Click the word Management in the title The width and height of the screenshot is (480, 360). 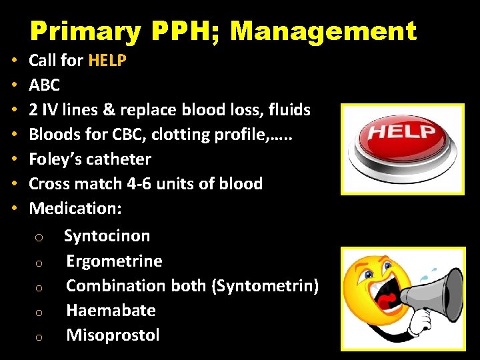click(323, 31)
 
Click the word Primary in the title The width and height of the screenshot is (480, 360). click(85, 31)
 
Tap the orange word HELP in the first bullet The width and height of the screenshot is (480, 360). click(107, 61)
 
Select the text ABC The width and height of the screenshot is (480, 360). click(45, 85)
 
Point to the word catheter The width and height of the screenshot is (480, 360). click(119, 159)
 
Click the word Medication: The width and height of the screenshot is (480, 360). click(75, 208)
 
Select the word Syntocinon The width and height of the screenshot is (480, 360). click(107, 235)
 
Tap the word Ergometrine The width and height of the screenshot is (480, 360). click(114, 261)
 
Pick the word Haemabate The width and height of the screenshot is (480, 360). click(111, 310)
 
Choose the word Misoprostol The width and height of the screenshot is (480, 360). click(113, 335)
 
